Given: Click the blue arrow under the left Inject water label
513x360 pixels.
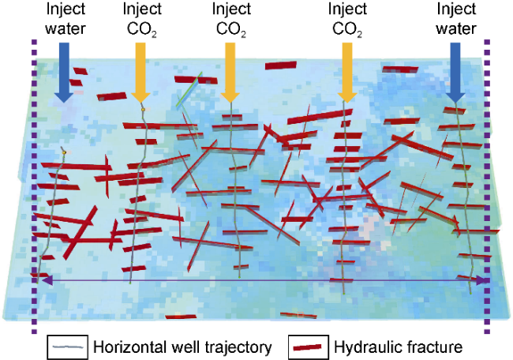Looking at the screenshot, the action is click(x=64, y=72).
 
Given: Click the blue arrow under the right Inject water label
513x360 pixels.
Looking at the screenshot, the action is click(x=455, y=73).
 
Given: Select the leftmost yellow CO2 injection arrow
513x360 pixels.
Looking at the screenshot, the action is click(x=140, y=72).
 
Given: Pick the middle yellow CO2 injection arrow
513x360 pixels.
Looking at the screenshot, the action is click(x=230, y=72).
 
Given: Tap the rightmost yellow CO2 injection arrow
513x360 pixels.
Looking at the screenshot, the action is click(x=347, y=72).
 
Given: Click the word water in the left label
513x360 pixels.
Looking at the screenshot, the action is click(x=66, y=28).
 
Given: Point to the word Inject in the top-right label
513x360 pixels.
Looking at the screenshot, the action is click(x=456, y=9).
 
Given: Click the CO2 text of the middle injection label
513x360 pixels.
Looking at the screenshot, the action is click(x=231, y=29).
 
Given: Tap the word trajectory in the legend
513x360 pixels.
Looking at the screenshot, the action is click(x=240, y=347).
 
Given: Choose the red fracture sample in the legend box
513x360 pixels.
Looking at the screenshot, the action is click(x=308, y=347).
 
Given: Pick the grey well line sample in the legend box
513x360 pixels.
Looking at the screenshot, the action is click(x=68, y=347).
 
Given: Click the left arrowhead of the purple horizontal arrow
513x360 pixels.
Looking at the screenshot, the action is click(x=47, y=280).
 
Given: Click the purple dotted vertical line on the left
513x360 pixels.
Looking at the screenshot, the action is click(x=35, y=186).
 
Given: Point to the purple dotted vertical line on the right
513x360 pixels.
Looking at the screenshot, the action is click(x=487, y=186).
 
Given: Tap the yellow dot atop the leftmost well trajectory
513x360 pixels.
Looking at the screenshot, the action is click(x=64, y=152).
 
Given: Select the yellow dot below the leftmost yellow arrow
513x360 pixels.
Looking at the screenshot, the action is click(x=143, y=109).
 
